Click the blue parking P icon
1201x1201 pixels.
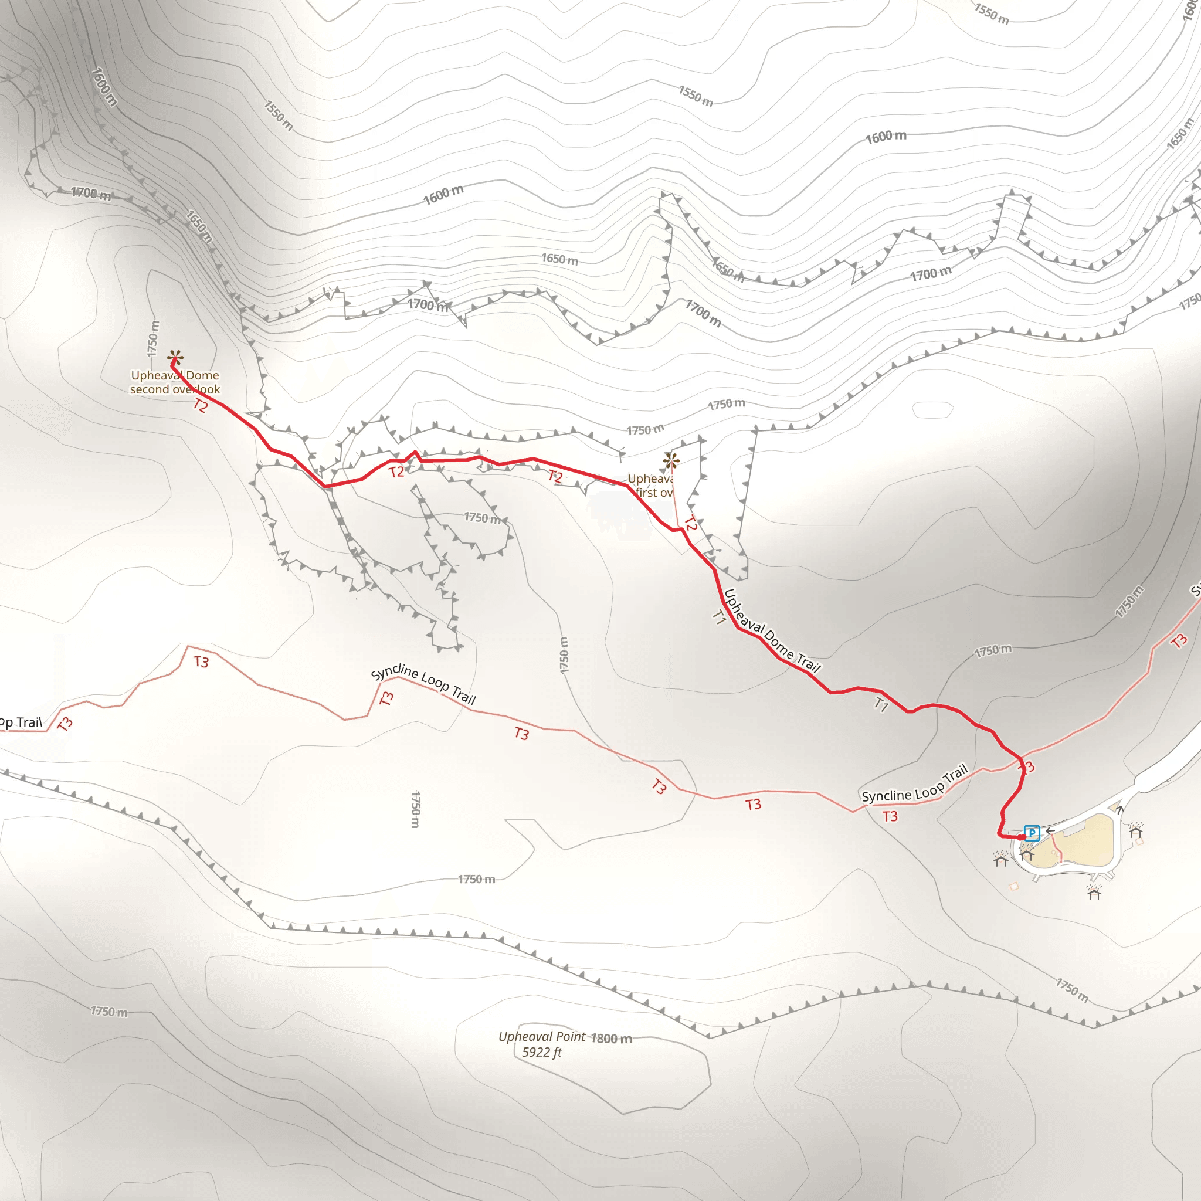1032,832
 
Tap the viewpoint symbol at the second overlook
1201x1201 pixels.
175,358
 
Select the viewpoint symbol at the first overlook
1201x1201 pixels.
671,460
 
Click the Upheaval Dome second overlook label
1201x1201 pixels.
175,382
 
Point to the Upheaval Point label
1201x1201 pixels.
541,1036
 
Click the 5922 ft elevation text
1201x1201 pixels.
541,1052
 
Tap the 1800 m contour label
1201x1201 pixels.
611,1038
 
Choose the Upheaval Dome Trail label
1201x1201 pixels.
772,631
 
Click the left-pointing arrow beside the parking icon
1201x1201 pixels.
1050,830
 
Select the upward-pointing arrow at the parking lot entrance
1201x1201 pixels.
1119,809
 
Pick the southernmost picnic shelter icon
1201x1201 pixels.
1094,893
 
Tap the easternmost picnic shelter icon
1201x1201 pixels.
1136,830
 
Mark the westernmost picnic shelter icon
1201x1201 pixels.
1000,860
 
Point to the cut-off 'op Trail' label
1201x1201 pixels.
21,722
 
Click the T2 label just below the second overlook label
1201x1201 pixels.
200,406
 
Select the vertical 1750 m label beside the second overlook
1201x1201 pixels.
153,339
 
